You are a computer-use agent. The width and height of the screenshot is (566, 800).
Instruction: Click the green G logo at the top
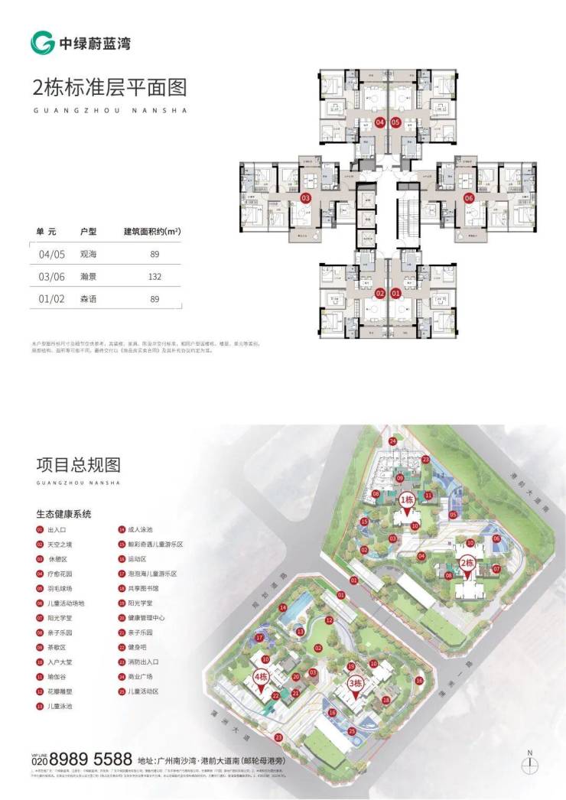42,43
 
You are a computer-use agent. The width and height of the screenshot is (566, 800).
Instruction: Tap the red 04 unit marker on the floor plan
380,122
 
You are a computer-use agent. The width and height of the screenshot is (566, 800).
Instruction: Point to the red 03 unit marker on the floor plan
306,197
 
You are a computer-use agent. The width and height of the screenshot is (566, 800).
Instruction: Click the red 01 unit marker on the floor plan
395,292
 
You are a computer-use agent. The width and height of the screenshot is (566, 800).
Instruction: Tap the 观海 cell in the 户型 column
89,253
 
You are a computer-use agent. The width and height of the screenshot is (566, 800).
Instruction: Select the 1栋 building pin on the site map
407,501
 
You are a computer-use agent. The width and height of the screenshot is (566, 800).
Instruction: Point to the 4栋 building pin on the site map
260,678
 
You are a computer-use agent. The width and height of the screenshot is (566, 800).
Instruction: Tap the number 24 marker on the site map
392,442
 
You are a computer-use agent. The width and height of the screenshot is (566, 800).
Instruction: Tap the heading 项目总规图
79,465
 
